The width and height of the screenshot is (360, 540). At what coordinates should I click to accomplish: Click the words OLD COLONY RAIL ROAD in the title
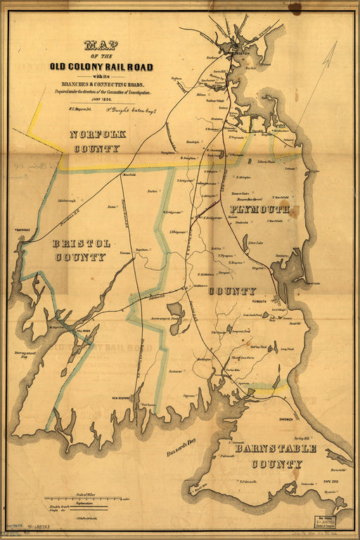101,67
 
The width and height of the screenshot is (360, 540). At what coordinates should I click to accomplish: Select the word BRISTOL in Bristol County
82,243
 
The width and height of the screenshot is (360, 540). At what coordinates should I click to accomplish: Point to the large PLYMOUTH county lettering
260,210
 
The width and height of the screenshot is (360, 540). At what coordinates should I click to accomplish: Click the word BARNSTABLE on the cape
275,449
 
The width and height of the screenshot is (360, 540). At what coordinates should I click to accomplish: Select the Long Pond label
286,349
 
